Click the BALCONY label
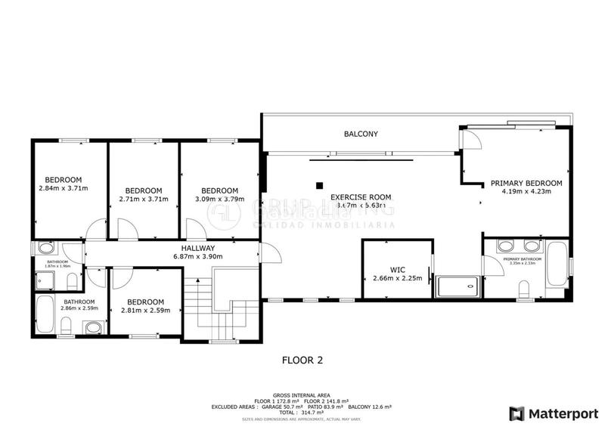tap(361, 134)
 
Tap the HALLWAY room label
tap(197, 248)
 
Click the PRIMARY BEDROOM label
tap(526, 183)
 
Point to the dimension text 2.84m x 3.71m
tap(64, 188)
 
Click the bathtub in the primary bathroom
tap(558, 268)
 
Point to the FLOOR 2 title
tap(302, 360)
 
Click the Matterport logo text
tap(560, 413)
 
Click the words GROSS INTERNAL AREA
tap(302, 395)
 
